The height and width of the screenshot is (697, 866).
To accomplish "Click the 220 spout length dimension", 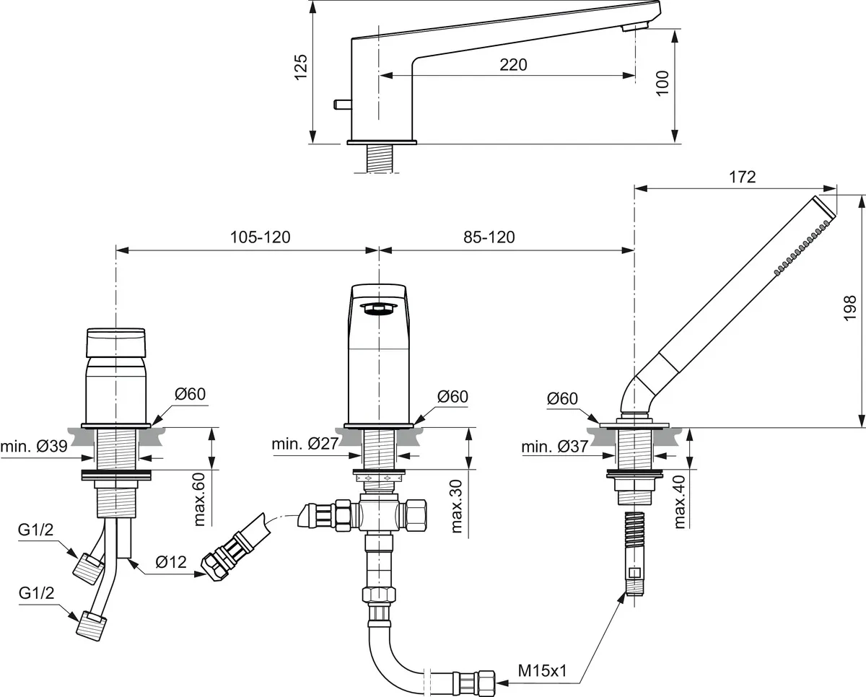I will pos(513,65).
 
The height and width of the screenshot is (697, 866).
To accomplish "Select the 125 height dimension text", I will pos(302,66).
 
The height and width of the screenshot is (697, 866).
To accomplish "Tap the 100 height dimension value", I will pos(663,83).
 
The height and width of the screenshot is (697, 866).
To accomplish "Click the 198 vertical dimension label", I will pos(849,308).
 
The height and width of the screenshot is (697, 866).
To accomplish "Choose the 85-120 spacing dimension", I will pos(489,237).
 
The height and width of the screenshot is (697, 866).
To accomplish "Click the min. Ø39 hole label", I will pos(35,447).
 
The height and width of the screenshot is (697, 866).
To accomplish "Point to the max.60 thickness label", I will pos(200,499).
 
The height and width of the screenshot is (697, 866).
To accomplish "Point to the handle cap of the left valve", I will pos(116,342).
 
